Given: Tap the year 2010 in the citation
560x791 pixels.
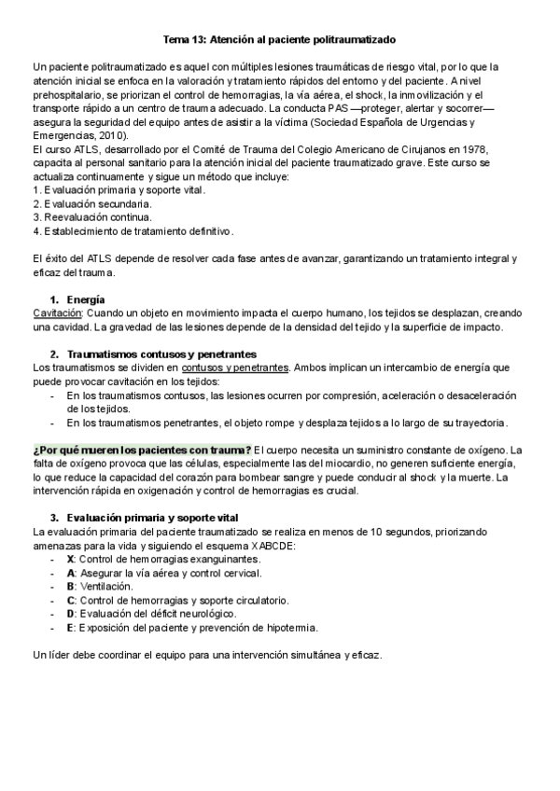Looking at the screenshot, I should coord(106,135).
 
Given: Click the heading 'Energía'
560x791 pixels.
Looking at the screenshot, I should coord(85,298).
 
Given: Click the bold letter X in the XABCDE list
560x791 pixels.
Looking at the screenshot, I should coord(71,559).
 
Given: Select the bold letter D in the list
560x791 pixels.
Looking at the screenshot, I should coord(71,614).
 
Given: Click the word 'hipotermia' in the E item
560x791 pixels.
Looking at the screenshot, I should coord(289,628).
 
